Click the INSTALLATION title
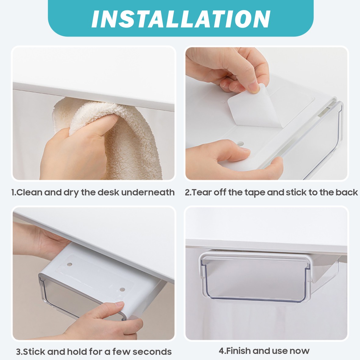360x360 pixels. tap(181, 19)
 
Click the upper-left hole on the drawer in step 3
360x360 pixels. tap(69, 265)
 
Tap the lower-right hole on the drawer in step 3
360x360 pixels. tap(122, 290)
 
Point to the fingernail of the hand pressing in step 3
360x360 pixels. tap(119, 305)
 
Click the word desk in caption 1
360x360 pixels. tap(109, 192)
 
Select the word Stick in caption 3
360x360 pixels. tap(34, 351)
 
